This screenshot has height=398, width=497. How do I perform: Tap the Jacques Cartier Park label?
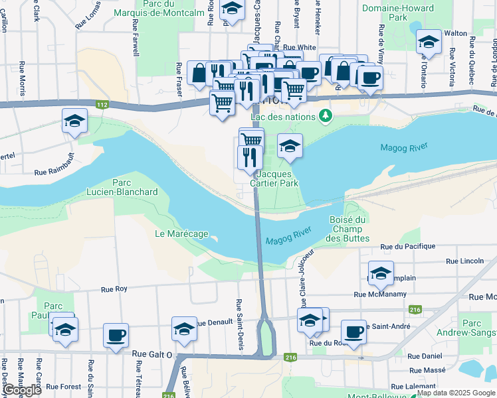(x=274, y=178)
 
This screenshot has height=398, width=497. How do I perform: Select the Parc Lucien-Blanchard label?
(x=122, y=188)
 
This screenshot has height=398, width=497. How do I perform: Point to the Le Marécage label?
(x=181, y=233)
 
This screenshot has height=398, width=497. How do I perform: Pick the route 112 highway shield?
(x=102, y=105)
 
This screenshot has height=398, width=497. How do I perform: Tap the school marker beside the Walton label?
(x=429, y=42)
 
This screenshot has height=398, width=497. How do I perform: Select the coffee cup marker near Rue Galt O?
(x=116, y=334)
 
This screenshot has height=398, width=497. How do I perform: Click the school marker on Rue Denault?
(x=184, y=328)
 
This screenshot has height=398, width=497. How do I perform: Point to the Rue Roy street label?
(x=114, y=289)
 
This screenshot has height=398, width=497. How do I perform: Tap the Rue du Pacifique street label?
(x=407, y=246)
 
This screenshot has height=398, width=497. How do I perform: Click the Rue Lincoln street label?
(x=465, y=261)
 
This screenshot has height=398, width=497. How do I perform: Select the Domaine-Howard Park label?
(x=398, y=13)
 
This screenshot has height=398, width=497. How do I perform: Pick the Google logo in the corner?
(x=22, y=390)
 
